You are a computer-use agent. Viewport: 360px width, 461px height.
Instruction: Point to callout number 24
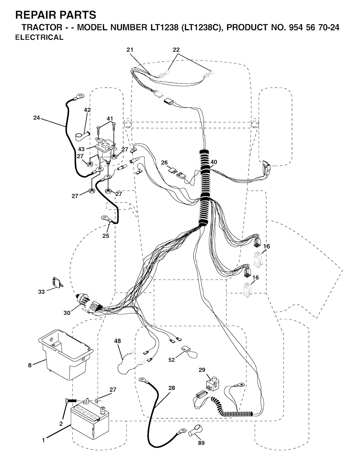(x=37, y=117)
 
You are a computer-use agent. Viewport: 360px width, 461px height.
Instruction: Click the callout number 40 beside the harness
(x=214, y=162)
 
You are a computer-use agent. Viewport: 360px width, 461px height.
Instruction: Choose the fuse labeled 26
(x=172, y=170)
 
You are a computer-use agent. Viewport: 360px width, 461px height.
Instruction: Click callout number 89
(x=201, y=442)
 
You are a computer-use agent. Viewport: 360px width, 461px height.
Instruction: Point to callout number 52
(x=172, y=360)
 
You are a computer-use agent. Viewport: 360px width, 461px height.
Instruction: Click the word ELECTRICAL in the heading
(x=39, y=37)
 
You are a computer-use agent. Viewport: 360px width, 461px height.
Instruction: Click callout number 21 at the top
(x=130, y=50)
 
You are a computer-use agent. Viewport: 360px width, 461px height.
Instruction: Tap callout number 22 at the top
(x=176, y=50)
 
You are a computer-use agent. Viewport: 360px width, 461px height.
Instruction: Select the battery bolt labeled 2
(x=71, y=401)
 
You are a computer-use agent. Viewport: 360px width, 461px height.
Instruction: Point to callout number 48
(x=117, y=341)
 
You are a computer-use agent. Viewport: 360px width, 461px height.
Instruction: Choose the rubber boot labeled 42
(x=83, y=135)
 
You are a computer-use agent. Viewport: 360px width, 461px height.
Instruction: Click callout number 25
(x=106, y=236)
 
